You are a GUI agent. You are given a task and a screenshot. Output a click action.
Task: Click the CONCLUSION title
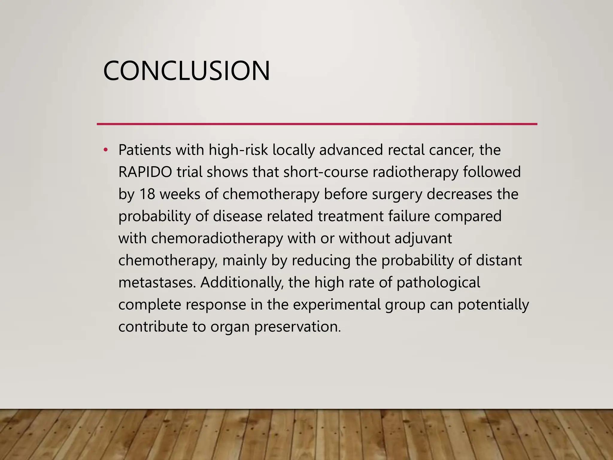[186, 71]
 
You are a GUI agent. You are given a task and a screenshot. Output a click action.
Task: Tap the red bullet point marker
[105, 150]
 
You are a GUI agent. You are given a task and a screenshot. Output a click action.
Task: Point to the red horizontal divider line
[317, 124]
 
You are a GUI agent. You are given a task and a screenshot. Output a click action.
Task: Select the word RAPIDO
[145, 172]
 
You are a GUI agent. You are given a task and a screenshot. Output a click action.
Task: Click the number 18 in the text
[147, 194]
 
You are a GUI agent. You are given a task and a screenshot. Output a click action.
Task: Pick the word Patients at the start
[145, 150]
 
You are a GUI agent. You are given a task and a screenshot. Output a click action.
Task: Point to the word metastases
[157, 282]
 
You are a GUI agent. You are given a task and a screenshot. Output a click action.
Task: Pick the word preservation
[298, 327]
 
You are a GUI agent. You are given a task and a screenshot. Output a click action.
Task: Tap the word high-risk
[238, 150]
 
